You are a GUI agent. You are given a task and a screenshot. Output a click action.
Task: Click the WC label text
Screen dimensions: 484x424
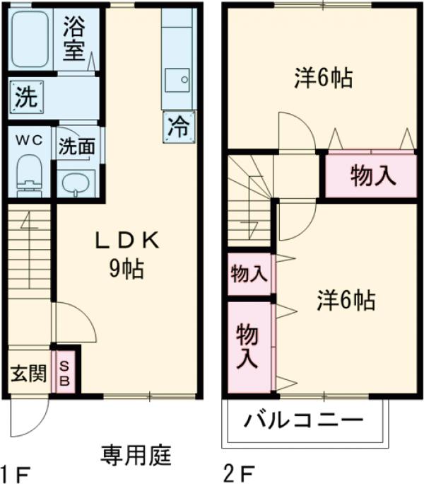pyautogui.click(x=30, y=140)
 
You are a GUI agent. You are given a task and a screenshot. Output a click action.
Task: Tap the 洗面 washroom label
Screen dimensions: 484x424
pyautogui.click(x=76, y=146)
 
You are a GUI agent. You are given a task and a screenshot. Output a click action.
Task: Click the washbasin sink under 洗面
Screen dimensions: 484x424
pyautogui.click(x=75, y=182)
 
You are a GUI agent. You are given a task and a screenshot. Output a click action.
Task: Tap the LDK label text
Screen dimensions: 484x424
pyautogui.click(x=128, y=241)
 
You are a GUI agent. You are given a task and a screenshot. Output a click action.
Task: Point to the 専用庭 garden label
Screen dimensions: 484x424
pyautogui.click(x=136, y=454)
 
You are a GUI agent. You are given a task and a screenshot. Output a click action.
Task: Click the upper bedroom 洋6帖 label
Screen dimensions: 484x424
pyautogui.click(x=323, y=77)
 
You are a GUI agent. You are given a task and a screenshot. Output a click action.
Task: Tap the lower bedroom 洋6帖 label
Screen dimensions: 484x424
pyautogui.click(x=344, y=301)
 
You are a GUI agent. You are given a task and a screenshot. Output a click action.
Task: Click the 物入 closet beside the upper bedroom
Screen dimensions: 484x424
pyautogui.click(x=372, y=176)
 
